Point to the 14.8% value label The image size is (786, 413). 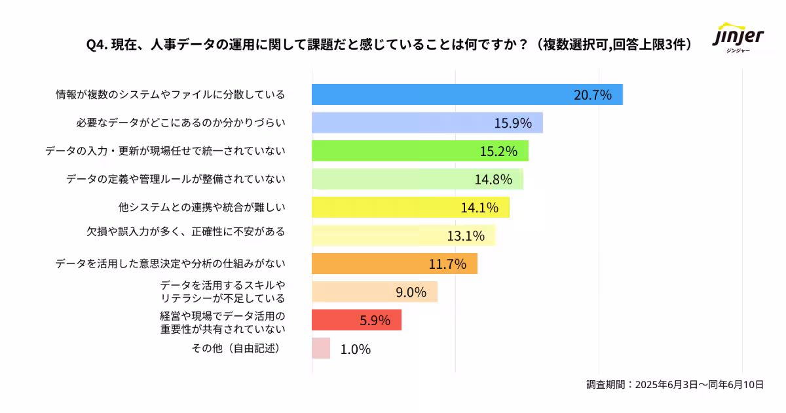[x=493, y=179]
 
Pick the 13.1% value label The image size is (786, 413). [x=466, y=235]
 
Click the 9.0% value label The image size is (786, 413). [x=411, y=292]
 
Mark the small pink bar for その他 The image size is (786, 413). [x=321, y=348]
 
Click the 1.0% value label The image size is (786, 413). [x=356, y=349]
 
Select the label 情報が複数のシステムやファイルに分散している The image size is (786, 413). [x=170, y=94]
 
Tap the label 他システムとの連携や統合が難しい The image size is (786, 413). [x=202, y=207]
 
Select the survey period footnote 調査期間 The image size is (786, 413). [x=675, y=385]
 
